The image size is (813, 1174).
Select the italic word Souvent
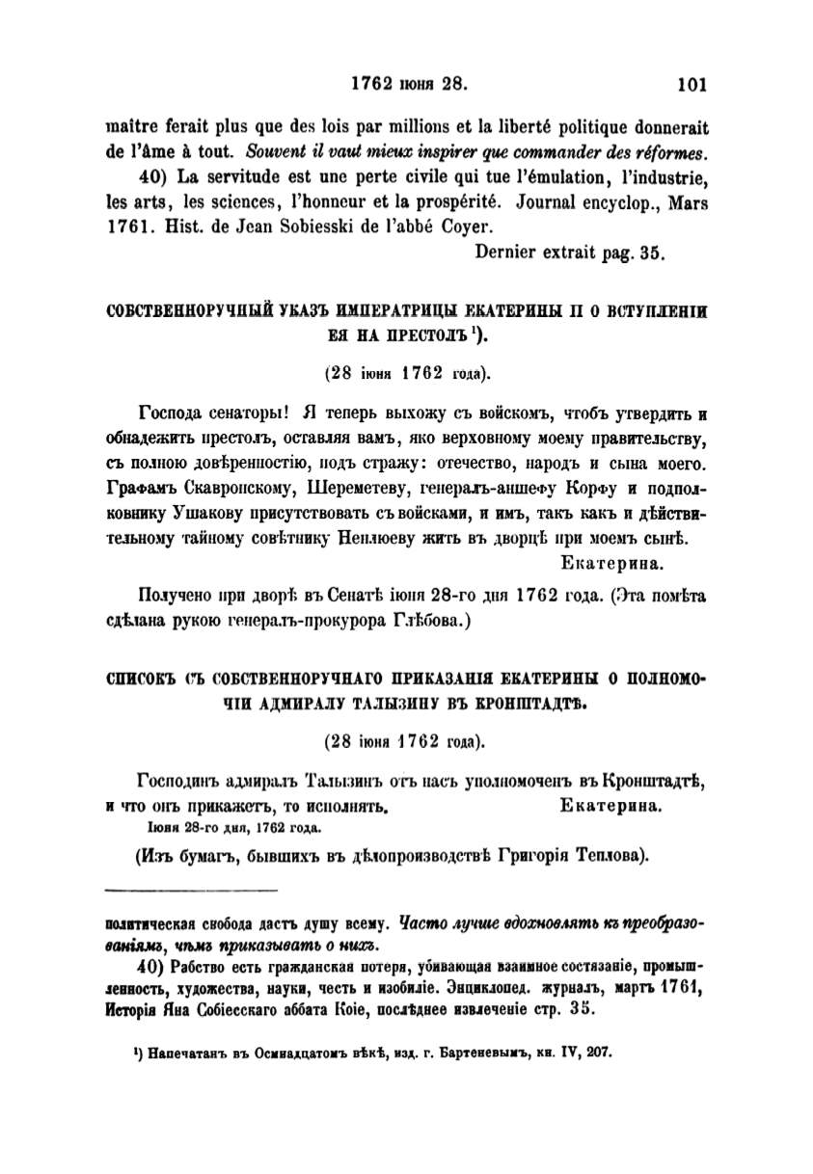(x=276, y=151)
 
